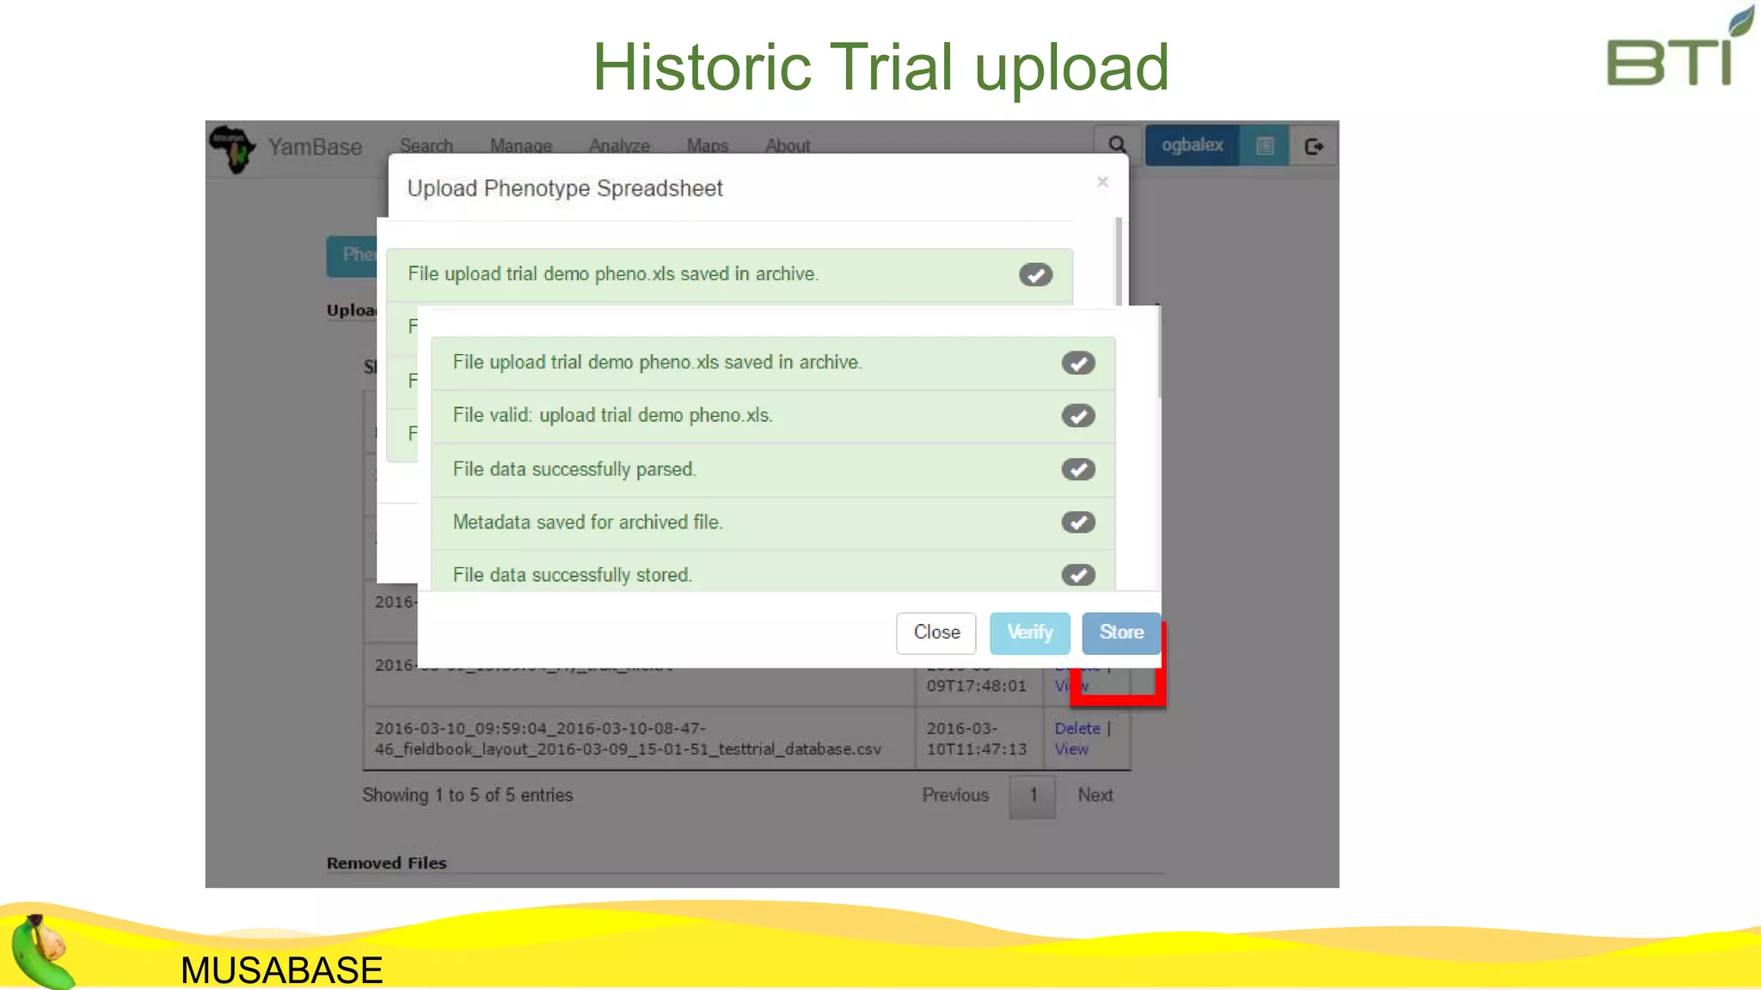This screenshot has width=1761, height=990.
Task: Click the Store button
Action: (x=1121, y=632)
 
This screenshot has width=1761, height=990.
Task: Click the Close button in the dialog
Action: (x=936, y=632)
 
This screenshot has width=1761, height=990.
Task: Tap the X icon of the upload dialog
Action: (x=1102, y=182)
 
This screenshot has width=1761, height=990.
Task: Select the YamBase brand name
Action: (x=315, y=147)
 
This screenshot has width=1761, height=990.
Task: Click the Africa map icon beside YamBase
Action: (x=232, y=148)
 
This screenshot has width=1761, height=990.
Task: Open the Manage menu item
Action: (x=520, y=145)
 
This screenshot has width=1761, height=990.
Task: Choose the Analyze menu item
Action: (x=619, y=145)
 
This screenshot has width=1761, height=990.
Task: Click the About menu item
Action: (x=788, y=145)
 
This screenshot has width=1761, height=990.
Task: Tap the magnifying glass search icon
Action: (x=1117, y=145)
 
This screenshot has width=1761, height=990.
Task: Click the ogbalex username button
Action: (x=1192, y=145)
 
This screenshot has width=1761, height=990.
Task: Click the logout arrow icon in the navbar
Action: (x=1313, y=146)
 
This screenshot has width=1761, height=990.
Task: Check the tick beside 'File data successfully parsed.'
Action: (x=1077, y=469)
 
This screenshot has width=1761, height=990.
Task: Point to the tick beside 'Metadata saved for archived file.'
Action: (x=1077, y=522)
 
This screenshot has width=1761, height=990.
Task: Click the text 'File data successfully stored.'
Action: (x=572, y=575)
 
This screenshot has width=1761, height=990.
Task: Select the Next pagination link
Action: (x=1095, y=795)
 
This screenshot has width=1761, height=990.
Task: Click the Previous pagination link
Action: (x=954, y=795)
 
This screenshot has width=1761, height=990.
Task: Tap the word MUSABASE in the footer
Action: (x=281, y=970)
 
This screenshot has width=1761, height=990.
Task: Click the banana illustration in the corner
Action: (x=41, y=952)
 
